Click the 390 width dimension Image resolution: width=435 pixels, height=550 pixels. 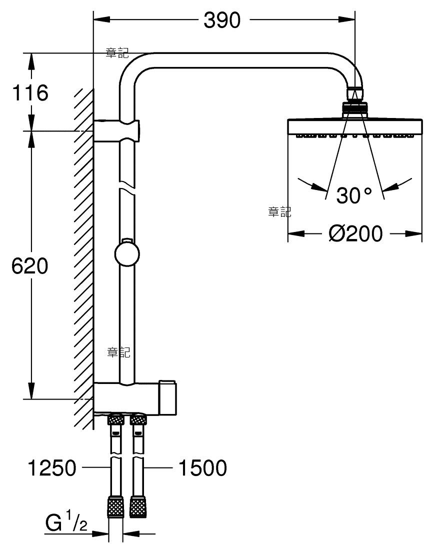222,20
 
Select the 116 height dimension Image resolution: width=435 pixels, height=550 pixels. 30,92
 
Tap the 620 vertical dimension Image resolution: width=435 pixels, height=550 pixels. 30,265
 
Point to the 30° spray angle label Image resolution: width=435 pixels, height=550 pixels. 354,195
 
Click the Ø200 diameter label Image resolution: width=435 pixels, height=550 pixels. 355,233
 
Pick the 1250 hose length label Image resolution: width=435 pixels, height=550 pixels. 52,467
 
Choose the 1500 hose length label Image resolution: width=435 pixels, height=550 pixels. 203,467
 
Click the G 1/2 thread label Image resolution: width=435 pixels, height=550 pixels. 66,522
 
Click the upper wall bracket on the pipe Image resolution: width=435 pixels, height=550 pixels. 117,131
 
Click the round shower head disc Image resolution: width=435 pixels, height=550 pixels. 354,127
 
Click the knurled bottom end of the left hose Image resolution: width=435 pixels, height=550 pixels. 115,507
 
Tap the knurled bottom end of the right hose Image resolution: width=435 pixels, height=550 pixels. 138,507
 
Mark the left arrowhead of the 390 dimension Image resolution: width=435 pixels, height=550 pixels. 101,19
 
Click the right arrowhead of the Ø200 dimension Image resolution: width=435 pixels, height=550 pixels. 413,233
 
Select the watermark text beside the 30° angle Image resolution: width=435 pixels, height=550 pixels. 279,211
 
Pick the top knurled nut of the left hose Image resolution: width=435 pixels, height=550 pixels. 115,419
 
